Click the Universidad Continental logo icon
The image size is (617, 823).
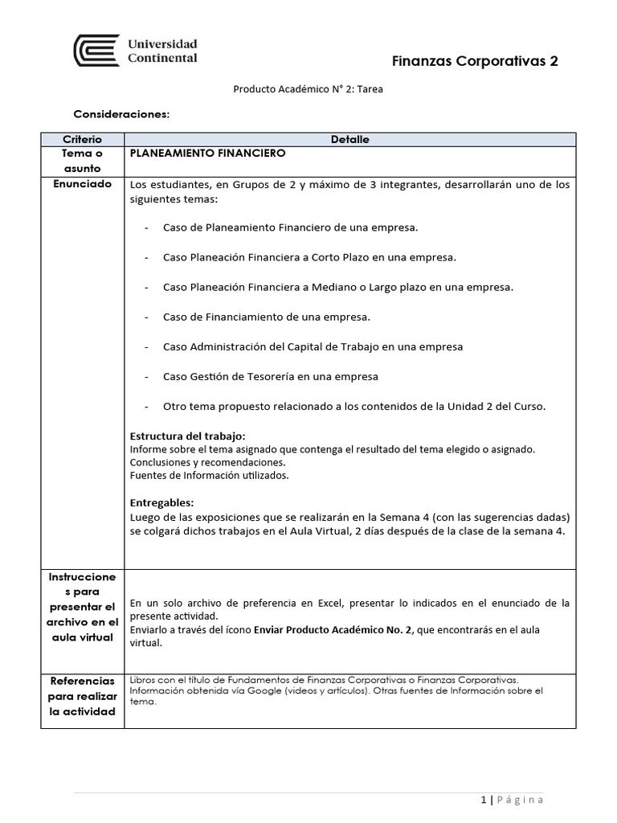92,50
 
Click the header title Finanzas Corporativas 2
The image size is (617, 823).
474,61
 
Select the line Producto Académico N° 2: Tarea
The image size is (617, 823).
308,89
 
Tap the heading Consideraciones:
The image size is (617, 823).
121,114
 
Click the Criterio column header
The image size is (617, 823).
81,140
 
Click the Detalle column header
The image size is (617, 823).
349,140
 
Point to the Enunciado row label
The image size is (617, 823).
81,184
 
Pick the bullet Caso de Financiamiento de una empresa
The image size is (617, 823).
267,317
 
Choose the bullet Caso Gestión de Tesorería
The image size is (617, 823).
270,376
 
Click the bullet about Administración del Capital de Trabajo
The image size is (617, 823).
312,346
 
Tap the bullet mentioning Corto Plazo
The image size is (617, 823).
308,257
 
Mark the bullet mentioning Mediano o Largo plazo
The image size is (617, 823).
337,287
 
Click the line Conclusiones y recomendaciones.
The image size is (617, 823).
207,462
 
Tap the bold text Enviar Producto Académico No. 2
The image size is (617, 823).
333,630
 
